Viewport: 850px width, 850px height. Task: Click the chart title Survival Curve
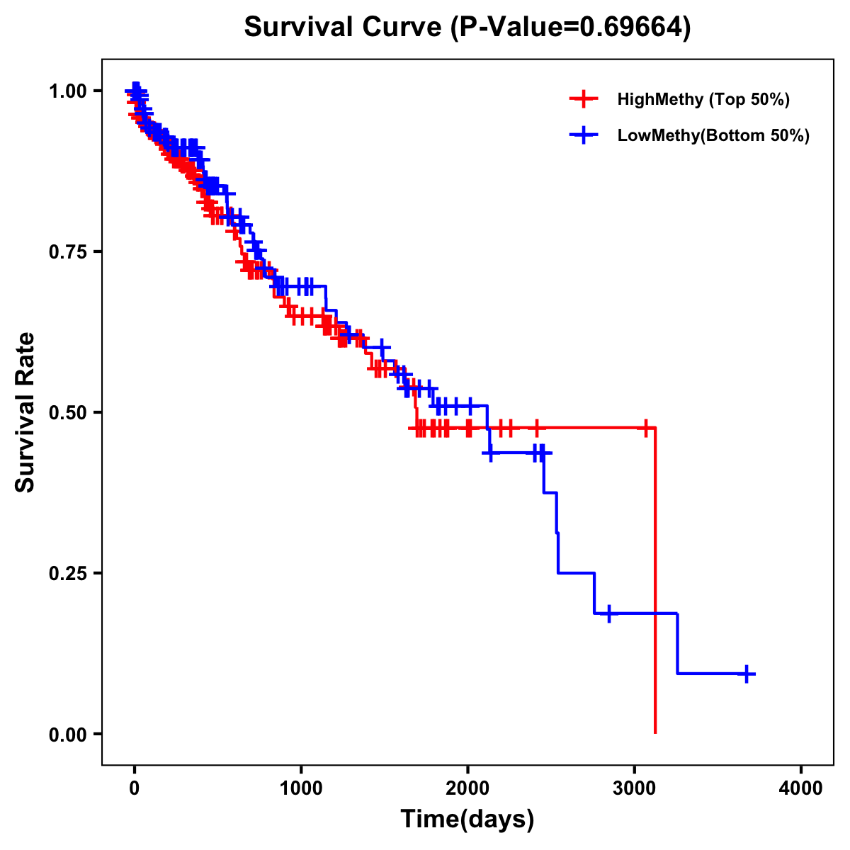point(345,27)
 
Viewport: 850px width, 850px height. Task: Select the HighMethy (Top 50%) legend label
point(703,99)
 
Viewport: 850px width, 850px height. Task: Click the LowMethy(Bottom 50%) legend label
point(713,135)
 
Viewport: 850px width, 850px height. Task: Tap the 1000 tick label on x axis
point(301,789)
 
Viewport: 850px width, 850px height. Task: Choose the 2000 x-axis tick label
point(467,789)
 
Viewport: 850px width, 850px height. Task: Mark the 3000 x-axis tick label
point(635,789)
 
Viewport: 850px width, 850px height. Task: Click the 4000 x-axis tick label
point(801,789)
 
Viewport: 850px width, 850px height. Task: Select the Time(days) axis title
point(467,820)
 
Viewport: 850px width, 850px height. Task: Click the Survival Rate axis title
point(25,412)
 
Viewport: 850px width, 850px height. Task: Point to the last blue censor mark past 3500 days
point(746,674)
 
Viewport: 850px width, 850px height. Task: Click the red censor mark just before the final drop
point(645,428)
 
